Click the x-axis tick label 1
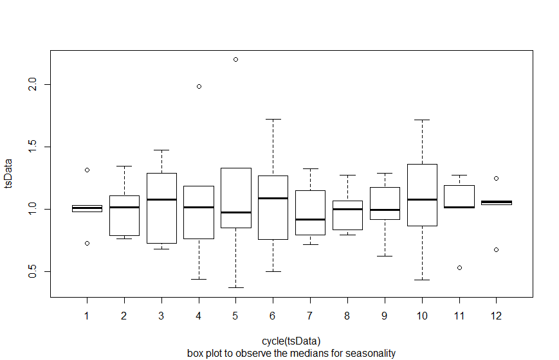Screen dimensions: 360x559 coord(87,316)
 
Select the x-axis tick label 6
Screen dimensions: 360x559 coord(273,316)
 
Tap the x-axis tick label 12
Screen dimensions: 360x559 coord(496,316)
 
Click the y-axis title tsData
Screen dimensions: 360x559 coord(9,174)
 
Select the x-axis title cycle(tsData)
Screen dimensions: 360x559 coord(291,341)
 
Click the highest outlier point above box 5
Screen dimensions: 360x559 coord(235,59)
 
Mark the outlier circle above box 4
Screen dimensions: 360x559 coord(199,86)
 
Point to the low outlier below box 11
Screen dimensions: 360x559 coord(459,267)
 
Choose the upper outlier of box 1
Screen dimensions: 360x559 coord(87,170)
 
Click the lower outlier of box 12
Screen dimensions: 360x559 coord(496,249)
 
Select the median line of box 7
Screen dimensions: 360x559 coord(310,219)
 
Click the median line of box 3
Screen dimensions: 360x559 coord(161,199)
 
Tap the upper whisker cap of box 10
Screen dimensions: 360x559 coord(422,120)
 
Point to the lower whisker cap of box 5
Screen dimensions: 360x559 coord(235,287)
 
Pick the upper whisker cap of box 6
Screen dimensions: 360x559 coord(273,119)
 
